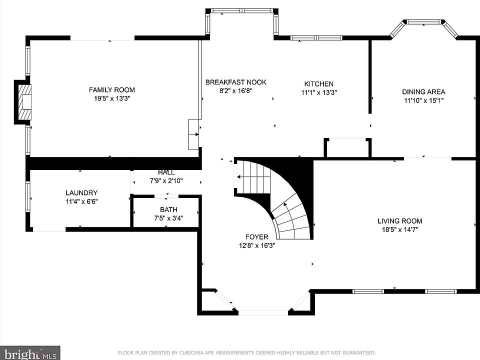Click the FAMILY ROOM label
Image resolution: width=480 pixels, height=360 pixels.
(x=111, y=89)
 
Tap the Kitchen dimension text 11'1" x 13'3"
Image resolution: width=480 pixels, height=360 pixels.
(x=319, y=92)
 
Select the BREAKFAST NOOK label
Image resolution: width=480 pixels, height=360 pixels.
(x=235, y=82)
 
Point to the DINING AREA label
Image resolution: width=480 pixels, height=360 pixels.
(x=423, y=92)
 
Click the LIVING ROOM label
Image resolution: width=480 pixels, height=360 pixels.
(x=400, y=221)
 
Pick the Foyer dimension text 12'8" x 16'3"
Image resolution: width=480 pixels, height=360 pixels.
(x=257, y=245)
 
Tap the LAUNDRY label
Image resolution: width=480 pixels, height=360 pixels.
(x=81, y=193)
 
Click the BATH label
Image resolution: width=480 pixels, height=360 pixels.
(x=168, y=209)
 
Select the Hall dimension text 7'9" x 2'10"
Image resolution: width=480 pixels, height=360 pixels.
(x=166, y=181)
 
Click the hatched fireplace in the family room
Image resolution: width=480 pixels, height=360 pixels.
(x=24, y=102)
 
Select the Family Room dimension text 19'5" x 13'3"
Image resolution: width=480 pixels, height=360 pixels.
(x=112, y=98)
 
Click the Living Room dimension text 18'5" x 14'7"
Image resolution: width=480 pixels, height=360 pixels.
(x=400, y=229)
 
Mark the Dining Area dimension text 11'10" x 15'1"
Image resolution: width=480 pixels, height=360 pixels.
(x=423, y=100)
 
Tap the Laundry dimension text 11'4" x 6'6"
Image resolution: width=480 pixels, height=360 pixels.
(x=81, y=201)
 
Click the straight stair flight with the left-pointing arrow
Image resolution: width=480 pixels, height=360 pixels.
(x=252, y=177)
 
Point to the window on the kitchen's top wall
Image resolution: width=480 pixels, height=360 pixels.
(x=316, y=38)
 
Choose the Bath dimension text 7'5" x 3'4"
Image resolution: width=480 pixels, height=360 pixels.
(x=168, y=218)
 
